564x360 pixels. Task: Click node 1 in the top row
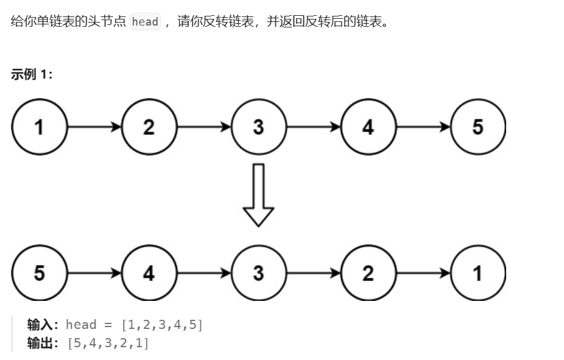[39, 127]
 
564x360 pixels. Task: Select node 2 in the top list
[149, 127]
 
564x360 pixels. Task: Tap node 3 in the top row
[258, 127]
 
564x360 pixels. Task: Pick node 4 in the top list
[368, 127]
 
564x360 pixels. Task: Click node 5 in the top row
[478, 127]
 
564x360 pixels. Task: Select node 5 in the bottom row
[39, 273]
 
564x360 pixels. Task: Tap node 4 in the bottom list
[149, 273]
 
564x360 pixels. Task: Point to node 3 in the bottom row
[258, 273]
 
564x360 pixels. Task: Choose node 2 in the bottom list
[368, 273]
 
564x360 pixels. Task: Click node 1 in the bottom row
[478, 273]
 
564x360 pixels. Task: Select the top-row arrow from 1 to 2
[94, 127]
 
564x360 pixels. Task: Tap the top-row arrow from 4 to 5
[423, 127]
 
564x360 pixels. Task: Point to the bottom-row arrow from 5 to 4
[94, 273]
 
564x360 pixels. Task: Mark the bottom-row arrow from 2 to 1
[423, 273]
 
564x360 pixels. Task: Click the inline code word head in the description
[145, 22]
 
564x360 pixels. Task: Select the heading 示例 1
[32, 74]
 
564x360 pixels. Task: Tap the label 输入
[41, 325]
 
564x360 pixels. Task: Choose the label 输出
[41, 343]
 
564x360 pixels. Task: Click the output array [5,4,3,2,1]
[107, 343]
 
